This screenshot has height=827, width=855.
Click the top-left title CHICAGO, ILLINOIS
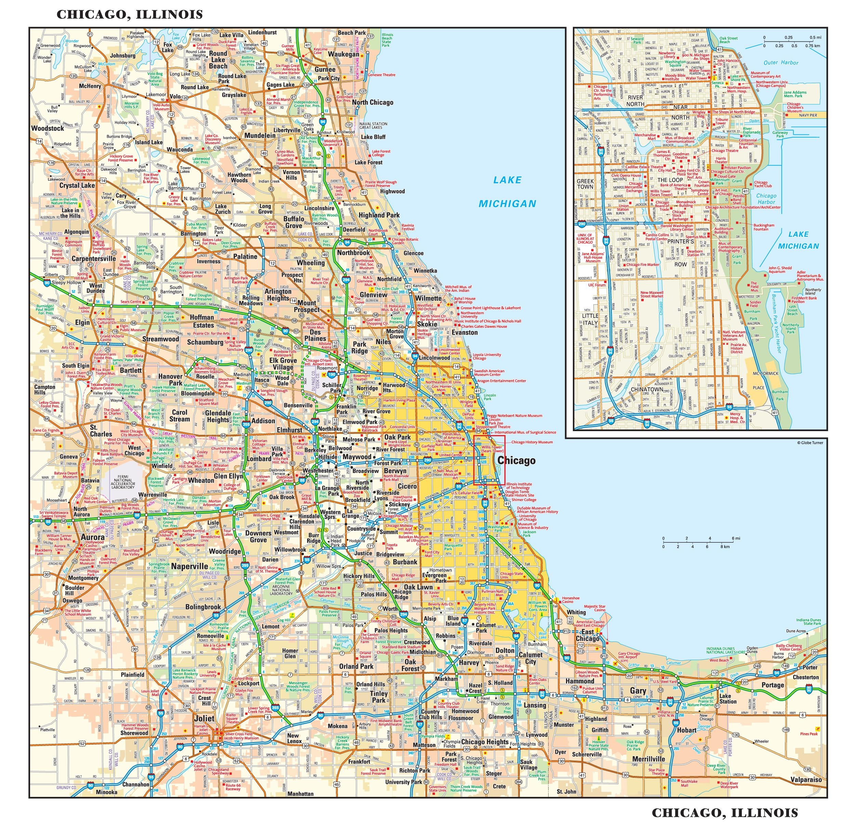(x=130, y=14)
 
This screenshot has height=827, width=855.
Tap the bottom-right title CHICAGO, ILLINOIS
(x=725, y=813)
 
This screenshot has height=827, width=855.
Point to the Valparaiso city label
(x=806, y=779)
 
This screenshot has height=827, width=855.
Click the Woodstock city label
(x=48, y=128)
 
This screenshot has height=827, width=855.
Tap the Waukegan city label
(x=343, y=54)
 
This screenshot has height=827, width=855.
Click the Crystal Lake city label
(x=77, y=185)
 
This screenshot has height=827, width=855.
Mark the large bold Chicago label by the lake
(x=516, y=461)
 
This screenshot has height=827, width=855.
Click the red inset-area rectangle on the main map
(x=489, y=460)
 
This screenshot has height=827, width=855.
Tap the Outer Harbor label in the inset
(x=781, y=62)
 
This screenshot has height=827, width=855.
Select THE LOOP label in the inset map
(x=670, y=180)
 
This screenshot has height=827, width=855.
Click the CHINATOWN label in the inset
(x=647, y=389)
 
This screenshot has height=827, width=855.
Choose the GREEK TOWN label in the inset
(x=585, y=184)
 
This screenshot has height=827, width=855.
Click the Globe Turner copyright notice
(x=811, y=442)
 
